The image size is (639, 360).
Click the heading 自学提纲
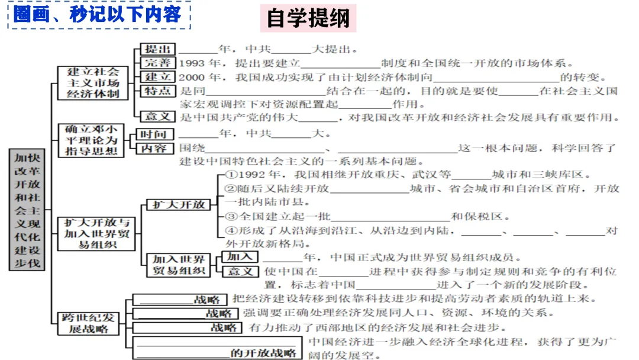(x=308, y=18)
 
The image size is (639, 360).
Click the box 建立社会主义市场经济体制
(x=93, y=82)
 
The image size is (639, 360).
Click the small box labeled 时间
(x=152, y=134)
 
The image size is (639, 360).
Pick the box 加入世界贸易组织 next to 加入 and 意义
(x=179, y=265)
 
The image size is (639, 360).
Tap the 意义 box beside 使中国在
(x=240, y=272)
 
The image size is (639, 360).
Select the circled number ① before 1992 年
(x=231, y=175)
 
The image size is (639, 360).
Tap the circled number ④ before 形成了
(x=231, y=231)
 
